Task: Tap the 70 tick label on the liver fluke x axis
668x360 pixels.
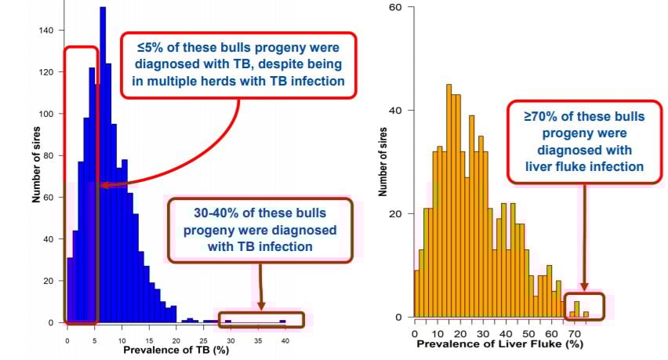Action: tap(575, 333)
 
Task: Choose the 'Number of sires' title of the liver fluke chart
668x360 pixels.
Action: tap(384, 160)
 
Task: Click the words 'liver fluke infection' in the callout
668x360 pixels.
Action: tap(585, 166)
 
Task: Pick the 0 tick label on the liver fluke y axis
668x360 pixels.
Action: tap(398, 318)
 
